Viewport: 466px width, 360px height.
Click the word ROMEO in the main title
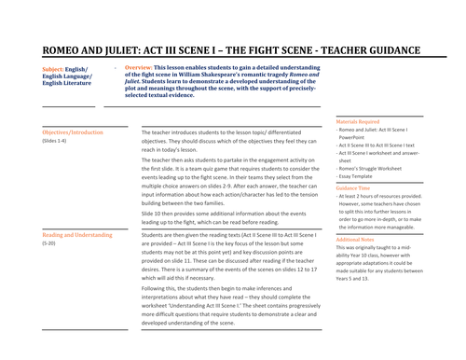(65, 53)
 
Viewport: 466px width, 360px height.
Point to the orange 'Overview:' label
(139, 69)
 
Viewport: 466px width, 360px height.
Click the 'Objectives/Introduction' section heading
(74, 133)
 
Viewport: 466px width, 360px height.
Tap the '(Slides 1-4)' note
(55, 141)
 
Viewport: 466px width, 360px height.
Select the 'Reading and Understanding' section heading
(76, 235)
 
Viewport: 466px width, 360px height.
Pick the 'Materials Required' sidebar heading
(359, 120)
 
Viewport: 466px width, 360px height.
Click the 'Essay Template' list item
(362, 176)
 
